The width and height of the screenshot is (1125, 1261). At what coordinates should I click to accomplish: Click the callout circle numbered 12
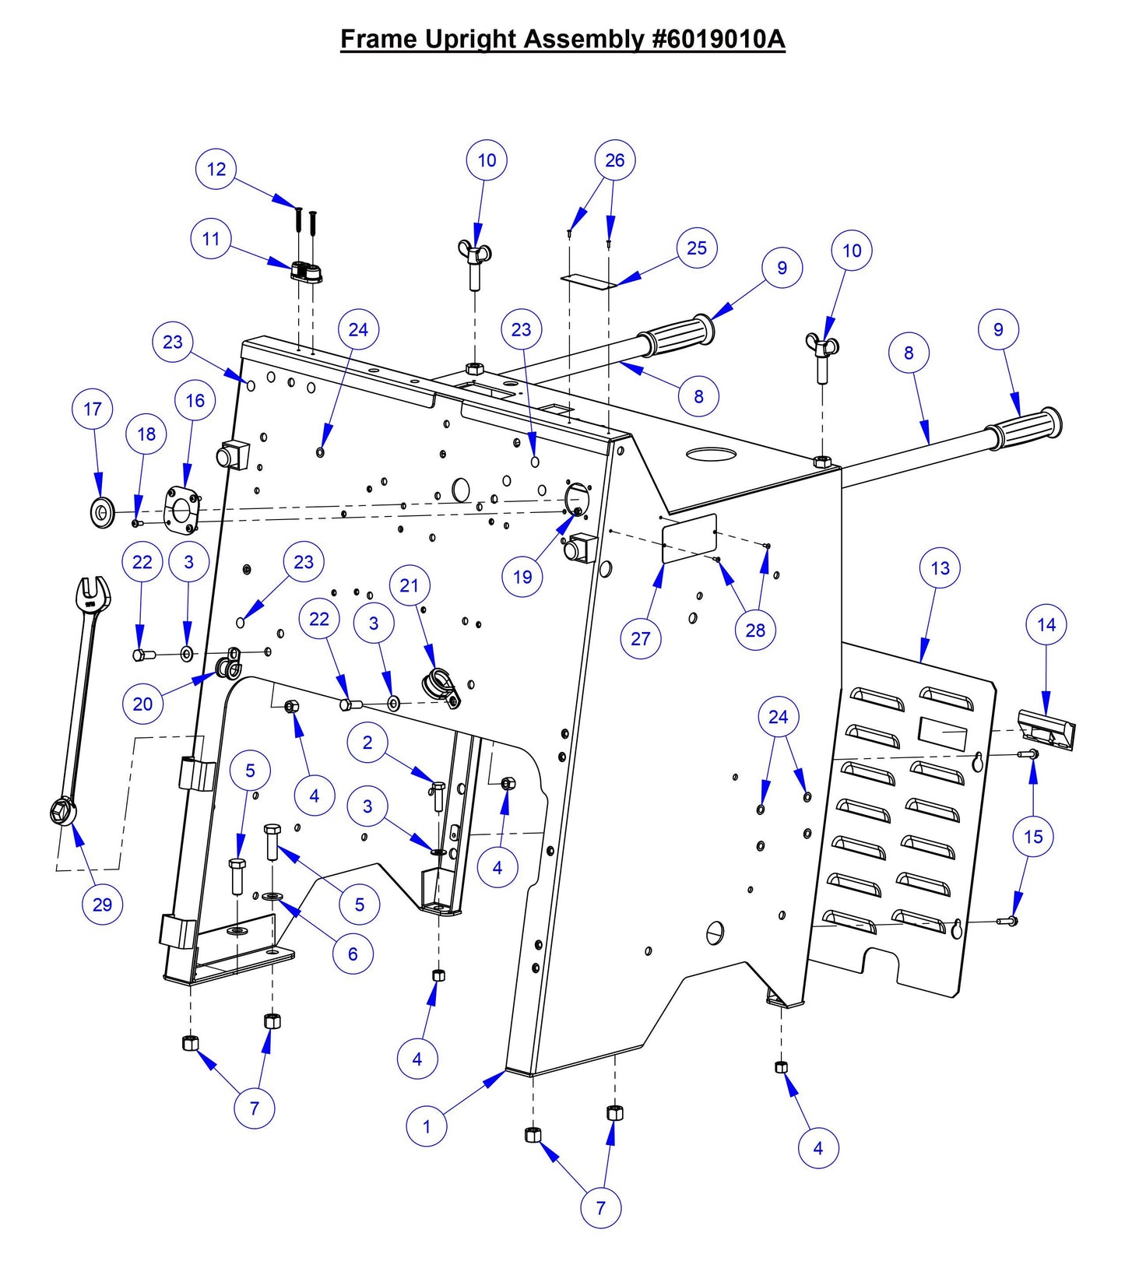click(x=216, y=169)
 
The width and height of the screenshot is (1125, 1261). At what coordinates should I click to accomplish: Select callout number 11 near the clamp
click(x=211, y=239)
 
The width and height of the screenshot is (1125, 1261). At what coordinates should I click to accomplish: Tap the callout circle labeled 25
click(x=696, y=248)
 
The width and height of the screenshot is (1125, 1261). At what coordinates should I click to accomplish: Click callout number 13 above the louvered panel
click(x=940, y=568)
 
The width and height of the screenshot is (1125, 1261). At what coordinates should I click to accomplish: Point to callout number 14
click(x=1046, y=624)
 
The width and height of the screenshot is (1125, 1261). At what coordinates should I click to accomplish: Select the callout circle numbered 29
click(x=102, y=904)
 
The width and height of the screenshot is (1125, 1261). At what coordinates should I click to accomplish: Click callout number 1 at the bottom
click(x=427, y=1126)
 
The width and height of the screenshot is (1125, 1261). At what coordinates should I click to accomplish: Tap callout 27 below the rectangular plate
click(x=640, y=638)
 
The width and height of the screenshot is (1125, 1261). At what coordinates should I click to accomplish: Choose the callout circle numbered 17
click(x=93, y=409)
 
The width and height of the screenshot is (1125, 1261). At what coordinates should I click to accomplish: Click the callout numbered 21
click(x=410, y=585)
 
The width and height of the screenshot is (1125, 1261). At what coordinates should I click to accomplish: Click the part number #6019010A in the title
click(x=716, y=39)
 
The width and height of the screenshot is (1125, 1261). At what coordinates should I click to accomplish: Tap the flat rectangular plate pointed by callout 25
click(x=589, y=279)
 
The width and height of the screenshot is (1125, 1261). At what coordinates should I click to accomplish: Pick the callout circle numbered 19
click(x=522, y=577)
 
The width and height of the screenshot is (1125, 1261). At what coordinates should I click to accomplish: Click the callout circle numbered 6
click(x=353, y=954)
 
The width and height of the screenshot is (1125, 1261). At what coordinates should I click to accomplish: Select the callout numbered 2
click(x=367, y=743)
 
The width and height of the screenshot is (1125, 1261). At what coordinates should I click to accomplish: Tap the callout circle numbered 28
click(x=755, y=630)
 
